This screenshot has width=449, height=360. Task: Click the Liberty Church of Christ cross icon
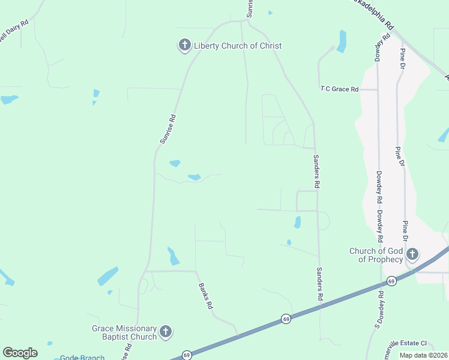tap(184, 46)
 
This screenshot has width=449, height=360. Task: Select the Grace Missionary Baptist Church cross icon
tap(166, 331)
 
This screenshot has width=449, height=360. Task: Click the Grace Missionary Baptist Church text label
tap(124, 332)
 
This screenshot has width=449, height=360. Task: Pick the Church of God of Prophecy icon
tap(412, 254)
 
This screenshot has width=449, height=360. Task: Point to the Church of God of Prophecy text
tap(376, 255)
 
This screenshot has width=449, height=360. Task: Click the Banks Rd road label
tap(206, 295)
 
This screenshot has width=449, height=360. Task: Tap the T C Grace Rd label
tap(339, 89)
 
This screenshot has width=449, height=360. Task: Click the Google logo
tap(20, 353)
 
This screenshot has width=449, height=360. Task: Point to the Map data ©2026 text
tap(423, 355)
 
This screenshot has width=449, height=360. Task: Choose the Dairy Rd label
tap(14, 31)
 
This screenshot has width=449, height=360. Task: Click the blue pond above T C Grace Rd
tap(342, 41)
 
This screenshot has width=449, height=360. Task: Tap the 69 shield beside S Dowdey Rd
tap(391, 281)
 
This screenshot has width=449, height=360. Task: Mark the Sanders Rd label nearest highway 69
tap(320, 284)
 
